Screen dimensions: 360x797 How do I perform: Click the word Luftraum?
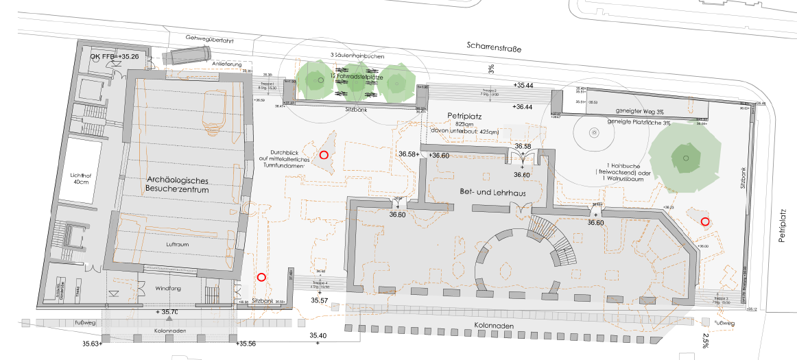click(178, 244)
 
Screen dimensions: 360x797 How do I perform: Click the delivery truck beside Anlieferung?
click(187, 56)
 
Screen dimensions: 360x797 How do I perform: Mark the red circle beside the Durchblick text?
click(324, 155)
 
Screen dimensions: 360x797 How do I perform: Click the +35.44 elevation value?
click(523, 85)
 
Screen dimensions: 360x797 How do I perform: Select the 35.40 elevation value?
click(318, 335)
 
